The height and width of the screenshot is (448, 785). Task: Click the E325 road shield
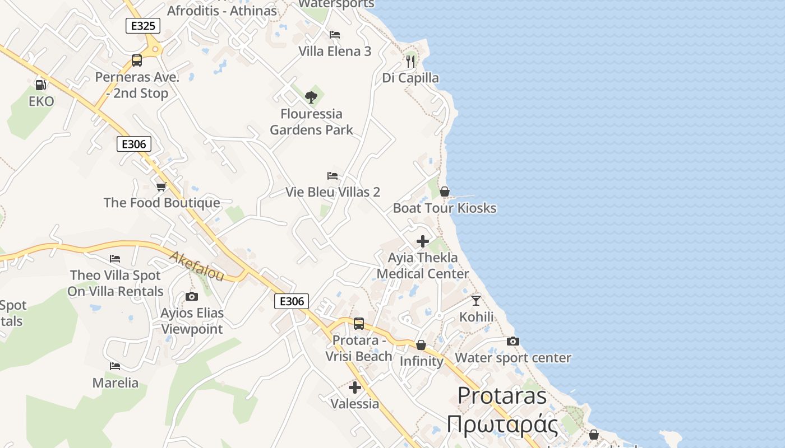[143, 26]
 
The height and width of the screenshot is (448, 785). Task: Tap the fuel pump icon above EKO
[40, 85]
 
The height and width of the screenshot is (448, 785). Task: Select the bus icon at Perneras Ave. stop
[137, 60]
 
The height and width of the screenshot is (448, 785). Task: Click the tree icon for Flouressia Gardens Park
[311, 97]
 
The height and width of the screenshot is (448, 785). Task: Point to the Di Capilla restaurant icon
[410, 61]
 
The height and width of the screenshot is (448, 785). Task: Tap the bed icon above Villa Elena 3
[335, 35]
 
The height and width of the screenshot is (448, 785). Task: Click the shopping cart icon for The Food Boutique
[161, 186]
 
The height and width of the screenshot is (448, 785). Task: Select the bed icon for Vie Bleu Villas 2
[333, 176]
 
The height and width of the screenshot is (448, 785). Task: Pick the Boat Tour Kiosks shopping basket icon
[445, 192]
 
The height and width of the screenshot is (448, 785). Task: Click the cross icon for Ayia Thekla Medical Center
[423, 241]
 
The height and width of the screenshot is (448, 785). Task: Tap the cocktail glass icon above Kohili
[476, 301]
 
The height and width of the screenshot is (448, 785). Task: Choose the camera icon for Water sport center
[512, 342]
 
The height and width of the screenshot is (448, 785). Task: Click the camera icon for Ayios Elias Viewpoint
[192, 297]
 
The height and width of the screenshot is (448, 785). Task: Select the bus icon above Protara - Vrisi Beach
[359, 324]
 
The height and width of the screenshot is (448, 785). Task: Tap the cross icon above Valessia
[354, 388]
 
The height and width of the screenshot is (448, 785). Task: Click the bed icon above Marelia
[115, 366]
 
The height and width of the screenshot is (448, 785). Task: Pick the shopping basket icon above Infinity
[421, 345]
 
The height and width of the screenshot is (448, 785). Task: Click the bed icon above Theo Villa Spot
[115, 259]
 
